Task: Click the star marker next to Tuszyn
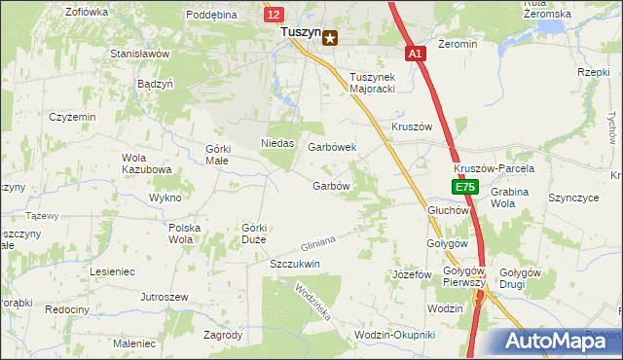pyautogui.click(x=331, y=39)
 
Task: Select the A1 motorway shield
pyautogui.click(x=416, y=54)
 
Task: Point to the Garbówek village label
pyautogui.click(x=333, y=148)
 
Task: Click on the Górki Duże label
pyautogui.click(x=254, y=234)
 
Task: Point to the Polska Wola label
pyautogui.click(x=184, y=233)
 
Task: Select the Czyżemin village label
pyautogui.click(x=70, y=117)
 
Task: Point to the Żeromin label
pyautogui.click(x=457, y=45)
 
